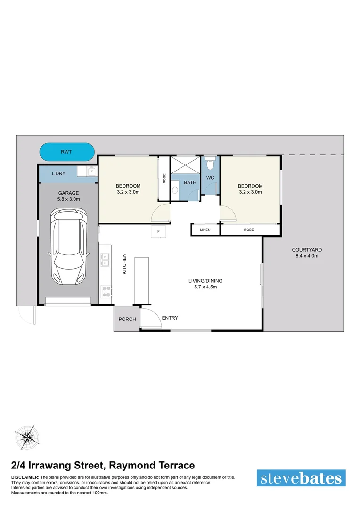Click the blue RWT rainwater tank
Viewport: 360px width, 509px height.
coord(66,152)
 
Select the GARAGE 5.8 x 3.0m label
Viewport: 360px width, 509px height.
coord(68,196)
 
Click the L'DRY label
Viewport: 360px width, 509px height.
coord(58,174)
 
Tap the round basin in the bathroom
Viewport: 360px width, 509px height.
coord(175,190)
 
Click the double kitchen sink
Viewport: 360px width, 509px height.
coord(105,261)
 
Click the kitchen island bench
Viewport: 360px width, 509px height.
coord(142,280)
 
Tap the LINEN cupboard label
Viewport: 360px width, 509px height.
coord(205,230)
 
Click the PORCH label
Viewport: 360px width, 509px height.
coord(127,319)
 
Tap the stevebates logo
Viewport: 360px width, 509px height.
coord(301,478)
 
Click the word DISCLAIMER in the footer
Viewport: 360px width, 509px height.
coord(25,477)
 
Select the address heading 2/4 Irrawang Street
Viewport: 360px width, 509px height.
coord(103,465)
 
